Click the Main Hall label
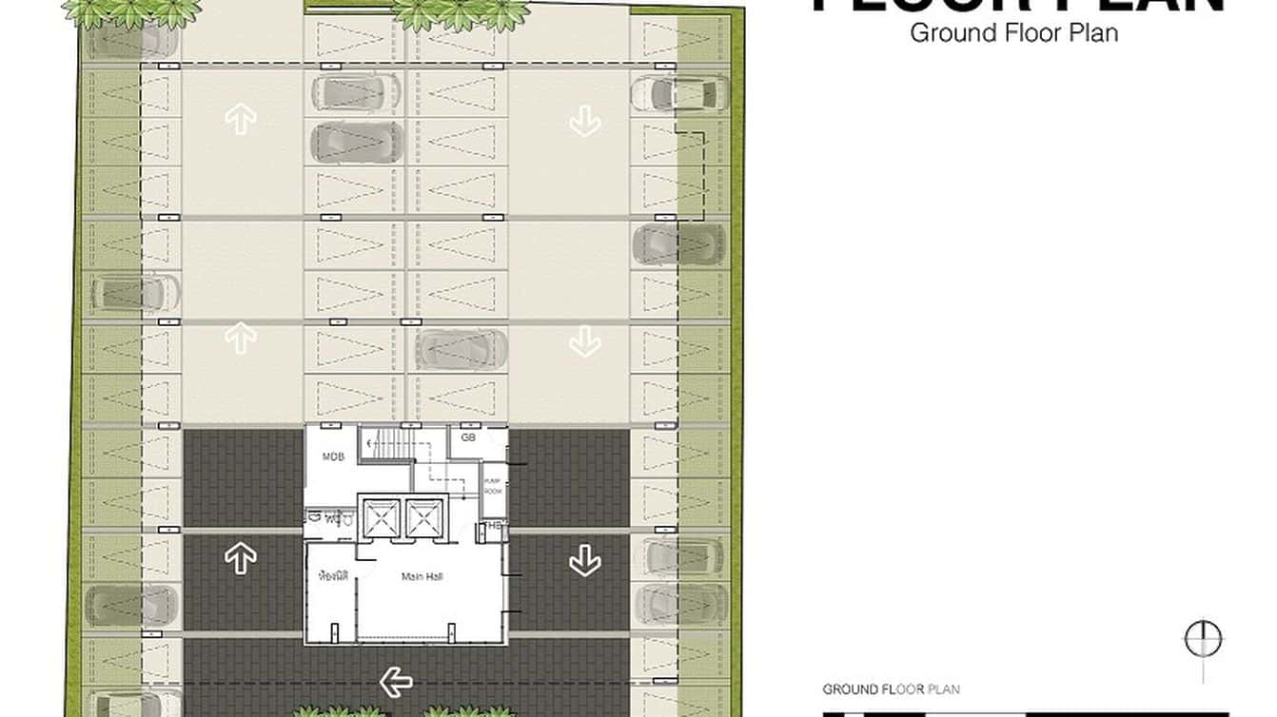(x=422, y=576)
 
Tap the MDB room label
(x=332, y=457)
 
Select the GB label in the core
(x=468, y=437)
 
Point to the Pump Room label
(x=492, y=486)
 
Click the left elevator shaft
(x=381, y=519)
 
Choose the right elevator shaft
(x=422, y=519)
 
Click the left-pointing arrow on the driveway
(x=396, y=681)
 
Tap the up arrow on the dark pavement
(x=241, y=558)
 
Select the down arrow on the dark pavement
(x=583, y=561)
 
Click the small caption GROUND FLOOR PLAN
(x=891, y=689)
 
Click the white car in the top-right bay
(x=678, y=94)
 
